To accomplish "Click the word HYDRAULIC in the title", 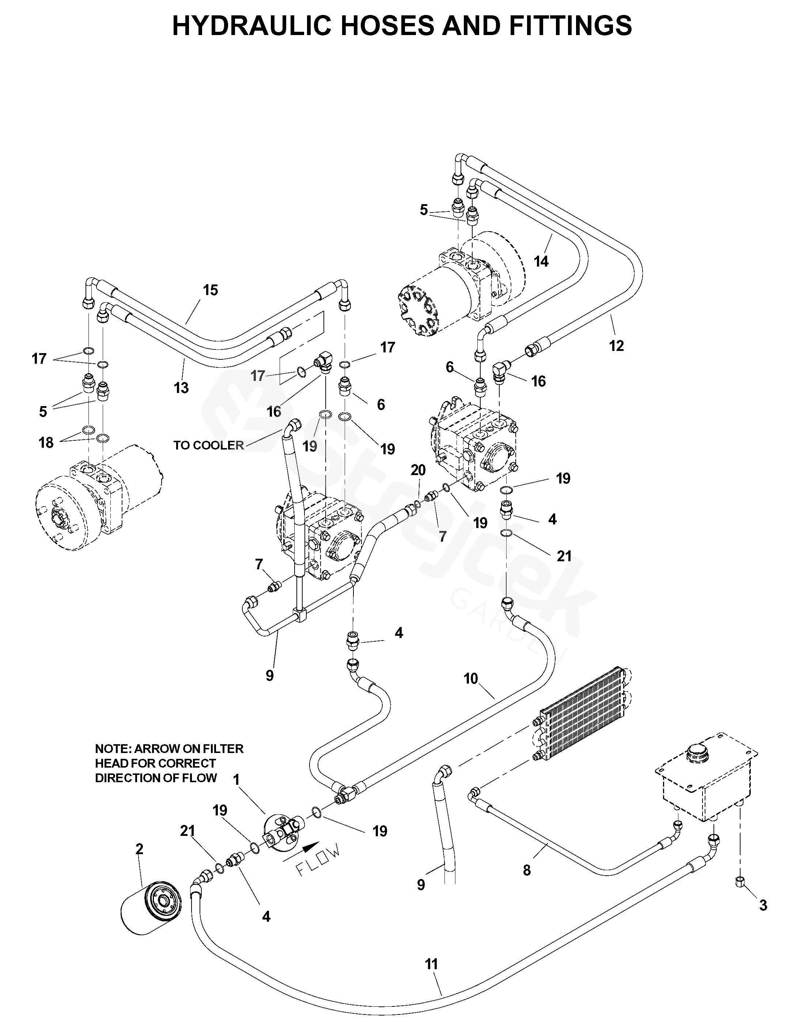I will coord(251,26).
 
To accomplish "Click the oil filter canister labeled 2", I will coord(151,907).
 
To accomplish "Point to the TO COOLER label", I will coord(208,445).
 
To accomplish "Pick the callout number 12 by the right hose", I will coord(616,346).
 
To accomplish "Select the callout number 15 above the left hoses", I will coord(210,290).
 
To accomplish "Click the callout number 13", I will coord(181,388).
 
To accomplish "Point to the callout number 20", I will coord(418,470).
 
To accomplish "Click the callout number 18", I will coord(46,443).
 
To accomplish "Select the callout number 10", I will coord(470,679).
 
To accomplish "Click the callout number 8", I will coord(526,870).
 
